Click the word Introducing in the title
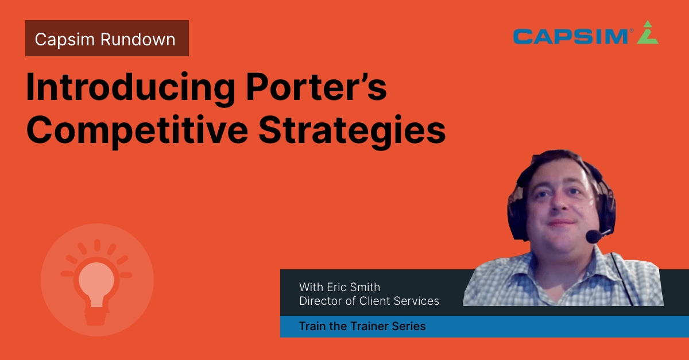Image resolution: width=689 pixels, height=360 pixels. pos(131,88)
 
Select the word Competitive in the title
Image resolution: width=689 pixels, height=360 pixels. pos(137,131)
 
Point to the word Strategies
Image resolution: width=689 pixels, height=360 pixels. pos(352,131)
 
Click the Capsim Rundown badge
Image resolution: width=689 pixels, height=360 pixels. pos(107,38)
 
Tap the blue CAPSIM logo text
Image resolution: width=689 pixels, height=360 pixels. pos(571,37)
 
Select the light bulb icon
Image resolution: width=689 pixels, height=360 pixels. pos(96,281)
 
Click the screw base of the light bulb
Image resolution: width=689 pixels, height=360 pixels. pos(96,317)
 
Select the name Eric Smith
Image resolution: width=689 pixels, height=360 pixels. pos(354,287)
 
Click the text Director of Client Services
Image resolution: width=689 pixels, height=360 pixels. pos(369,301)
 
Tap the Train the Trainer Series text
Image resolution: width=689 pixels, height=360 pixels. pos(362,326)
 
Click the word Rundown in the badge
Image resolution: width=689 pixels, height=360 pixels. pos(138,40)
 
